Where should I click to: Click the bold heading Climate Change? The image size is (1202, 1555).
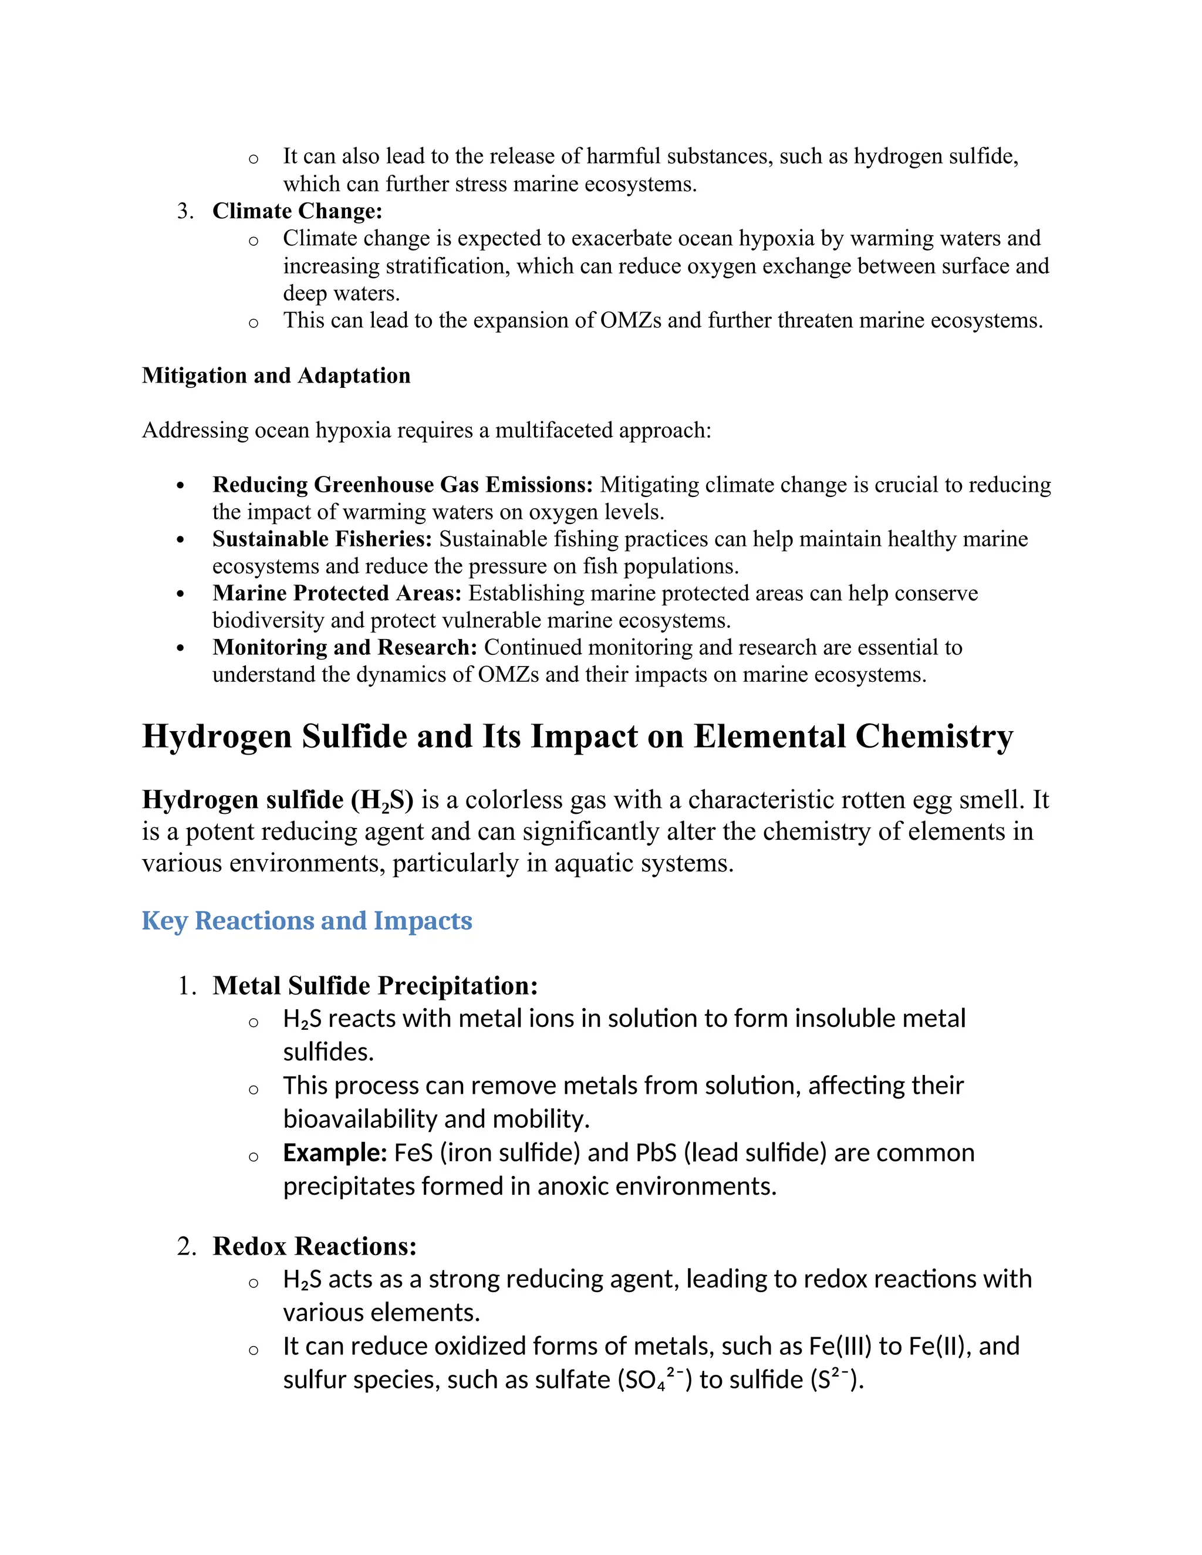click(x=297, y=211)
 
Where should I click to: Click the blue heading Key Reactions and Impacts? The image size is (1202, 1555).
click(x=307, y=921)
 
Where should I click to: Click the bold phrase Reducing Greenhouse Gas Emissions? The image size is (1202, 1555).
click(x=402, y=485)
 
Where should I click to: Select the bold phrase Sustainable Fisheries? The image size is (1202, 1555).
click(x=322, y=539)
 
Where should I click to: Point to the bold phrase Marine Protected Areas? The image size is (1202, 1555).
click(x=337, y=593)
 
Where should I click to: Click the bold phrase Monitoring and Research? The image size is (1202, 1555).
click(x=345, y=647)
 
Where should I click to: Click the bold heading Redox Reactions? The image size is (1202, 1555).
click(x=314, y=1246)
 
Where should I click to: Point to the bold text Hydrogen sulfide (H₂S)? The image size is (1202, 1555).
click(x=278, y=800)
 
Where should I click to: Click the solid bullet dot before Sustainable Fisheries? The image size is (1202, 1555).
click(x=180, y=540)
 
